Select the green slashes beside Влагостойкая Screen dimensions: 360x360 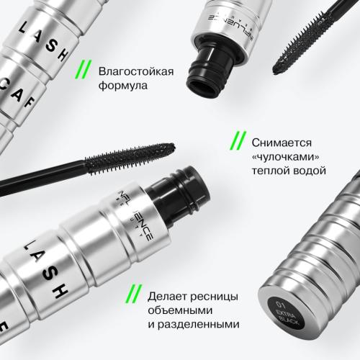pyautogui.click(x=85, y=70)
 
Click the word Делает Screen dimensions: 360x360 pyautogui.click(x=168, y=296)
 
